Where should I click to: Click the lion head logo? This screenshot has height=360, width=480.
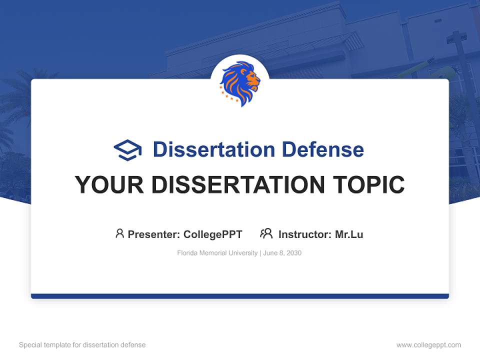point(240,83)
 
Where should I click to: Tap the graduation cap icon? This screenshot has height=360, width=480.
point(127,150)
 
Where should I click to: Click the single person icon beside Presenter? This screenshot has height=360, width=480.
point(119,233)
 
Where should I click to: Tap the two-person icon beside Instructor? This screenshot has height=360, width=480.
point(266,233)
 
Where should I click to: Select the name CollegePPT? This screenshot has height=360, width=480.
point(213,234)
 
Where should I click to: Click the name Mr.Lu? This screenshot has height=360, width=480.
point(349,234)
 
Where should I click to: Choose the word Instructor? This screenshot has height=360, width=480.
point(305,234)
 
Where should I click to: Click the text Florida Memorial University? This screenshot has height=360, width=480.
point(216,253)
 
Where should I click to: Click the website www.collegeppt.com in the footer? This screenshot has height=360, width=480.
point(428,345)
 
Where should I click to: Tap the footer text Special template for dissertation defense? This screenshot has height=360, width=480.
point(82,345)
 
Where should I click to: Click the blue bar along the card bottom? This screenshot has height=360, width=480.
point(240,296)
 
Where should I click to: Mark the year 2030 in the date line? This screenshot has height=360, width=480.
point(294,253)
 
